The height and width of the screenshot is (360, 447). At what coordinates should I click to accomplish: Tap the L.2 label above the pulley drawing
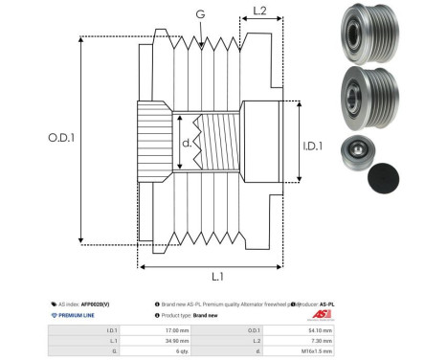pos(258,12)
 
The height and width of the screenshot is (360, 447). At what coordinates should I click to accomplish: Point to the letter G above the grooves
pos(199,13)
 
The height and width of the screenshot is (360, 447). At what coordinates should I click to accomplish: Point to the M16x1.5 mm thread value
pos(317,350)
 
